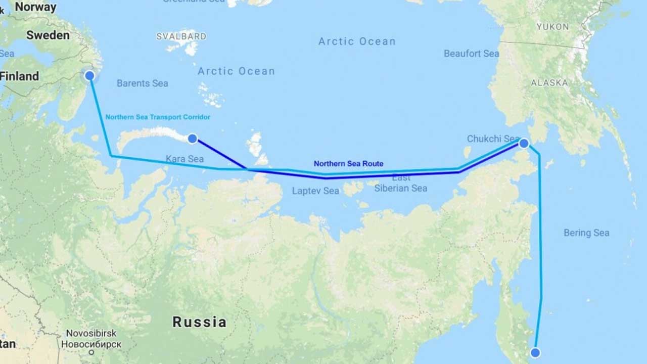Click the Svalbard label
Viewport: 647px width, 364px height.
(x=181, y=36)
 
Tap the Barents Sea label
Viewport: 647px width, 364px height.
(x=142, y=83)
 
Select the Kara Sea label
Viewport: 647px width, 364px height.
(x=184, y=159)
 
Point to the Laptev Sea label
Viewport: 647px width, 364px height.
(x=315, y=191)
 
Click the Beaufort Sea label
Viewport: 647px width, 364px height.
(x=471, y=54)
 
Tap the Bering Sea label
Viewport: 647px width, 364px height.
(x=586, y=233)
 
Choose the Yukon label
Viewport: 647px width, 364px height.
(x=552, y=26)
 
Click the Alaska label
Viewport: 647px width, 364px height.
(x=549, y=82)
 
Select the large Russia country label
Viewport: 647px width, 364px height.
(x=199, y=322)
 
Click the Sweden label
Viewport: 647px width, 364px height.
(x=48, y=35)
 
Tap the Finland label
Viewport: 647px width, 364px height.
(x=19, y=76)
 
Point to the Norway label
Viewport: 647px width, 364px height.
(x=35, y=7)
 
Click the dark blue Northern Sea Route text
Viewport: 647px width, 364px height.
(x=348, y=164)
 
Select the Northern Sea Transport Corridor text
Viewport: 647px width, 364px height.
(x=158, y=117)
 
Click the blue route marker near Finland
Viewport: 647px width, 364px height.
(x=89, y=76)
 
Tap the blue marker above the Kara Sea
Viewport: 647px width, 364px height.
(x=192, y=139)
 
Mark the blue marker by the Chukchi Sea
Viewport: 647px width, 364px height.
(x=524, y=143)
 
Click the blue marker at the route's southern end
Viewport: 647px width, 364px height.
(x=535, y=352)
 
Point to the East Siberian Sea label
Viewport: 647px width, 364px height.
(x=401, y=183)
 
